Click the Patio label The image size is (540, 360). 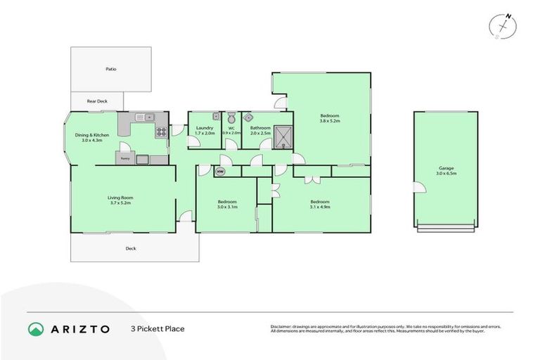pos(111,69)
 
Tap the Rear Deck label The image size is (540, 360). pos(96,101)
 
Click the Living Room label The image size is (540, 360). pos(120,198)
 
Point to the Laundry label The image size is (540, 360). pos(205,128)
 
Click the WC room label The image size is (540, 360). pos(231,128)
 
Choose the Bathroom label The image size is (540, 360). pos(260,128)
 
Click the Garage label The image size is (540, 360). pos(445,168)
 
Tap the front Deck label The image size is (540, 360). pos(131,248)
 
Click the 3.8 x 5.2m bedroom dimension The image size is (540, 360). pos(330,121)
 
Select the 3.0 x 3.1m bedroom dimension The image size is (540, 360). pos(227,206)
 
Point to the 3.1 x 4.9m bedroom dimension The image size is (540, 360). pos(320,206)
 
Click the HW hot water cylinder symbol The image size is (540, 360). pos(220,171)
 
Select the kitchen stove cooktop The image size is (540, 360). pos(161,131)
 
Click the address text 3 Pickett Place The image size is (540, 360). pos(157,328)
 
